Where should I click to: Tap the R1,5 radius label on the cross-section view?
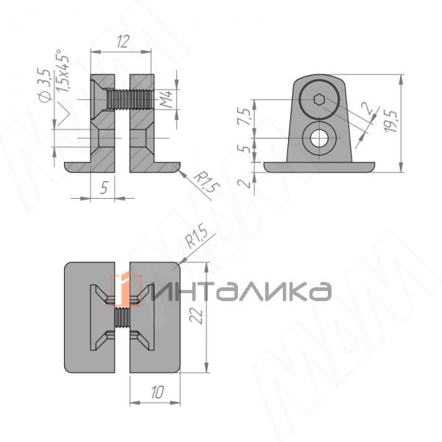pyautogui.click(x=207, y=181)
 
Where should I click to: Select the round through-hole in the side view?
pyautogui.click(x=319, y=138)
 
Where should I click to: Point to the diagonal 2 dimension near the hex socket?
pyautogui.click(x=365, y=110)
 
